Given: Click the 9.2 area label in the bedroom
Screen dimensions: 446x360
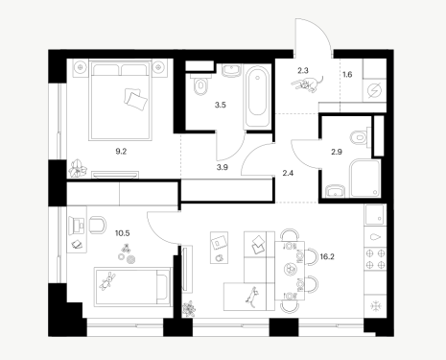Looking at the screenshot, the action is coord(121,152).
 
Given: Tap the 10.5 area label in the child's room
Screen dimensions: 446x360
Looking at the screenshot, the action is coord(122,233).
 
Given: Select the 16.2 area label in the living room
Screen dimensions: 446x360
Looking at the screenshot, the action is coord(327,256).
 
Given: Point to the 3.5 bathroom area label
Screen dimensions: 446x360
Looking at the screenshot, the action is coord(221,105).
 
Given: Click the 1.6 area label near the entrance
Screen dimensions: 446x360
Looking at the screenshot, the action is coord(347,75).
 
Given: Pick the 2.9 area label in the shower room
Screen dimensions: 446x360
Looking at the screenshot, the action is coord(337,152).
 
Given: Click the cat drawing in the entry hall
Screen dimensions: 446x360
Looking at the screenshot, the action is coord(307,84).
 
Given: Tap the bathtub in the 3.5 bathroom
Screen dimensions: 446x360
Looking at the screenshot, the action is coord(257,96).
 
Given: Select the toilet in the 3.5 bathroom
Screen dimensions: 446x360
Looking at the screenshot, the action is coord(200,84).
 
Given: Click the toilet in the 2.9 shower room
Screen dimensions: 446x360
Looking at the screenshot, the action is coord(361,138).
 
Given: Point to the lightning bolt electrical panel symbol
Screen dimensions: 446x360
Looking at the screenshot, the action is coord(375,90).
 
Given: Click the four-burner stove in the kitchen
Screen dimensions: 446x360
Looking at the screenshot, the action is coord(375,259).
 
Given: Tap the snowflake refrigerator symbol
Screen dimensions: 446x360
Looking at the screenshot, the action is coord(376,306).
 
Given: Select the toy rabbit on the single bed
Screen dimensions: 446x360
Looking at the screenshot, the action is coord(107,281).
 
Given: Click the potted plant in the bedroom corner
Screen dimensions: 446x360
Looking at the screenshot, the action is coord(78,168).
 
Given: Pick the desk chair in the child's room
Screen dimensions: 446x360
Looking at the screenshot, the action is coord(98,225).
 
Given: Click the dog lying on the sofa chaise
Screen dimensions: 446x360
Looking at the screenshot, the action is coord(252,298).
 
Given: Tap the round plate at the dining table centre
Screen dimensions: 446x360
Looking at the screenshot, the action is coord(290,269).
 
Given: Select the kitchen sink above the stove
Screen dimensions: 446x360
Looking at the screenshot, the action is coord(375,215).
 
